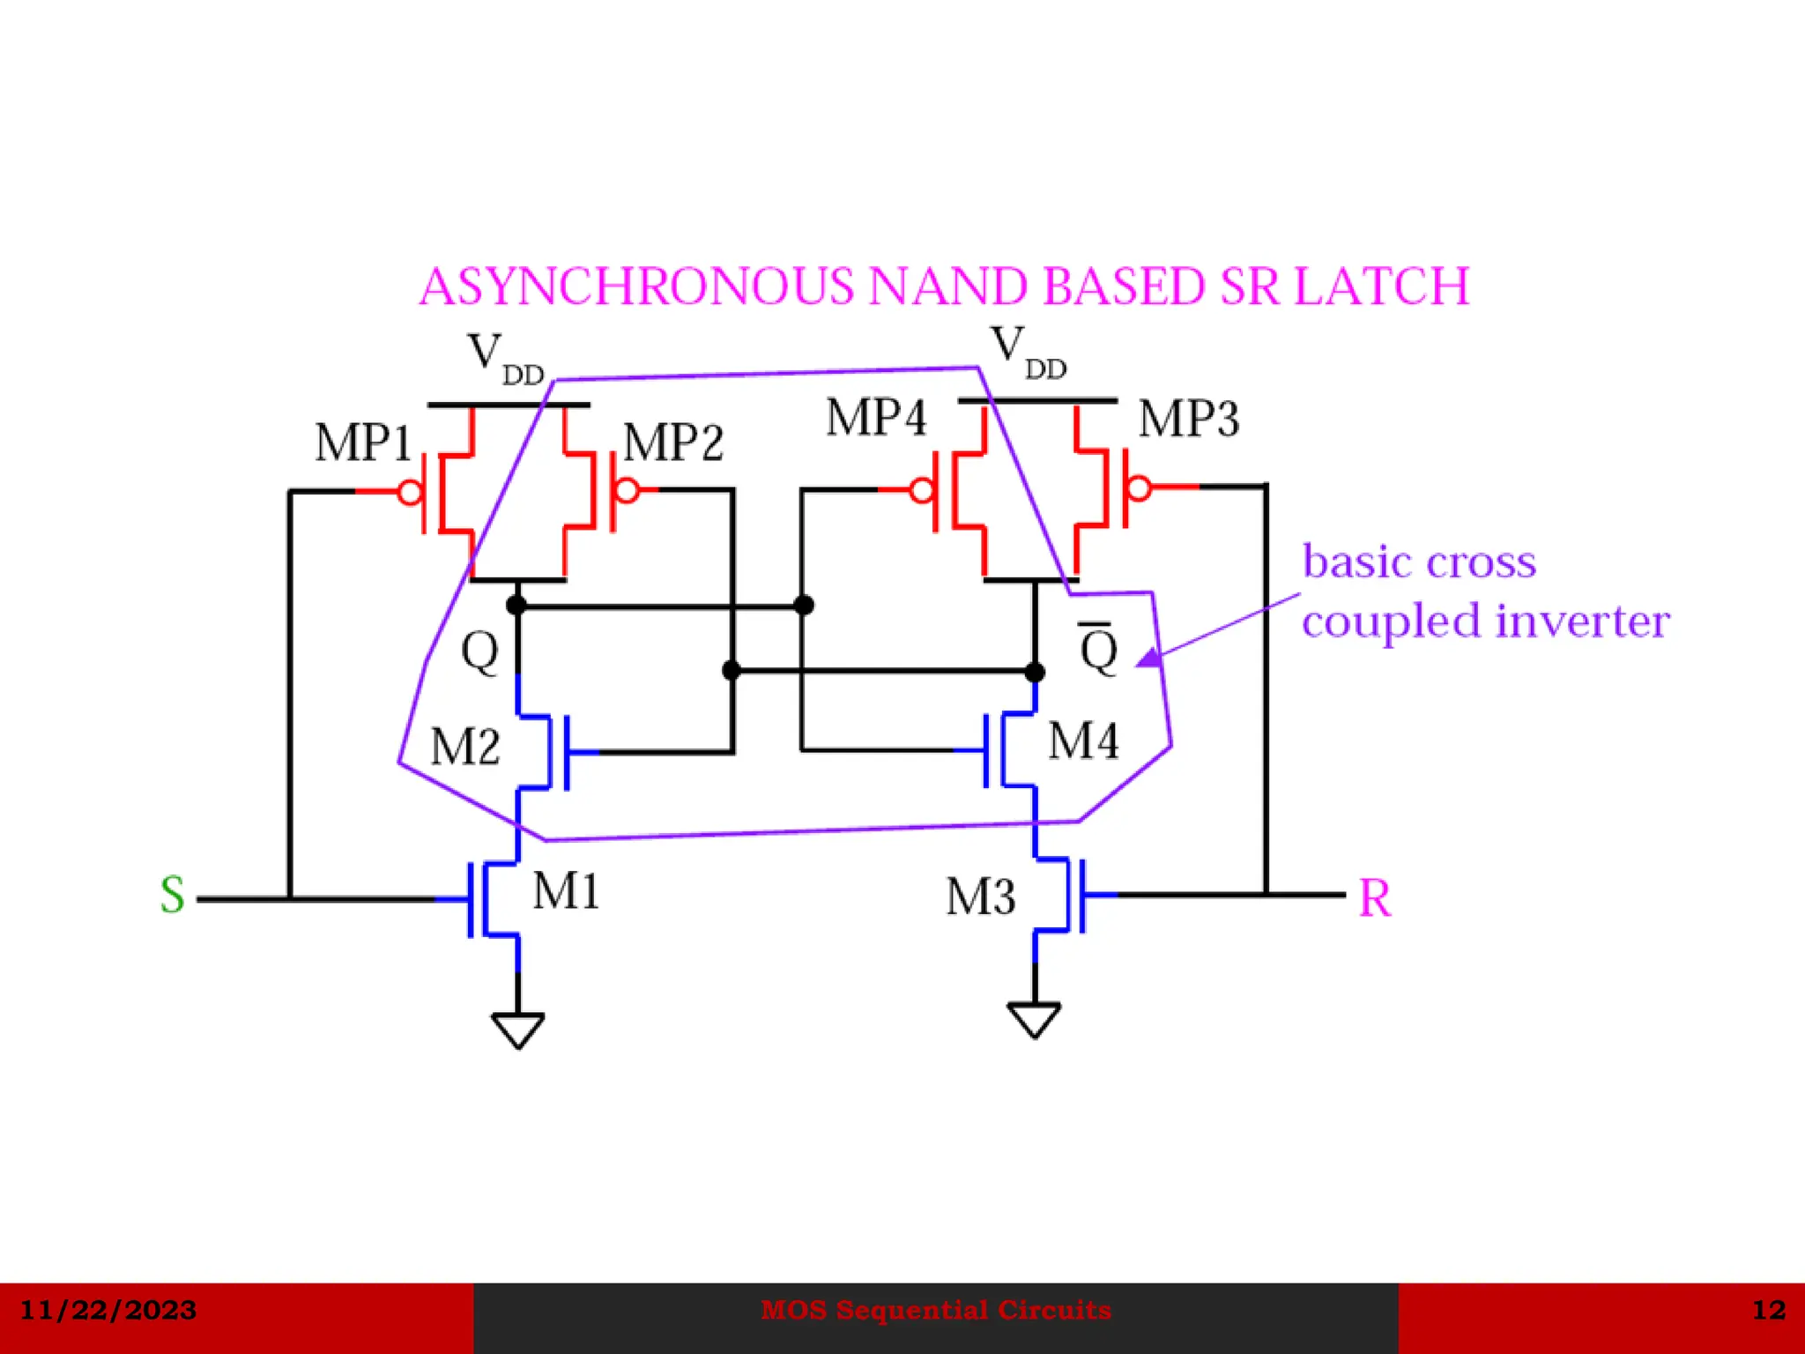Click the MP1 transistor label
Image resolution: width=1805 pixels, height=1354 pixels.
coord(363,443)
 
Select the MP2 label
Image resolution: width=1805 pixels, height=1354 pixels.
coord(673,443)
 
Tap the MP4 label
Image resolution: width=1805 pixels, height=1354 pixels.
coord(876,418)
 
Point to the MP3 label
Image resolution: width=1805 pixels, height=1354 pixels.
coord(1188,419)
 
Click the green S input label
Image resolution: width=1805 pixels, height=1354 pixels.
coord(173,896)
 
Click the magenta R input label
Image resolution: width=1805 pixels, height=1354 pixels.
coord(1374,899)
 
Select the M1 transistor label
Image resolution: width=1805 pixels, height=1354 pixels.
coord(566,891)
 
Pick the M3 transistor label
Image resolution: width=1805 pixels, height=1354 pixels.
coord(980,897)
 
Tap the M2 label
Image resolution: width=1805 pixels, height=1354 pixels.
coord(464,747)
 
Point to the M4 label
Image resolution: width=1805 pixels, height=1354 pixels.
coord(1083,740)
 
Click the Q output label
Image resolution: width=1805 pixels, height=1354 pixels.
coord(479,652)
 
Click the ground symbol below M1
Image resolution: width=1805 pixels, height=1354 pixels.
coord(517,1029)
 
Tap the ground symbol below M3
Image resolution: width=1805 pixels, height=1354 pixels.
coord(1034,1019)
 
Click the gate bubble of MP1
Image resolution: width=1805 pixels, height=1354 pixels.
coord(411,492)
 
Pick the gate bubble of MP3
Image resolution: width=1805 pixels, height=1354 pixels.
coord(1139,487)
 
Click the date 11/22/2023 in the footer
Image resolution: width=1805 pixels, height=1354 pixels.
coord(108,1310)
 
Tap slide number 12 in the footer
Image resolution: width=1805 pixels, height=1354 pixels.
coord(1768,1310)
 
